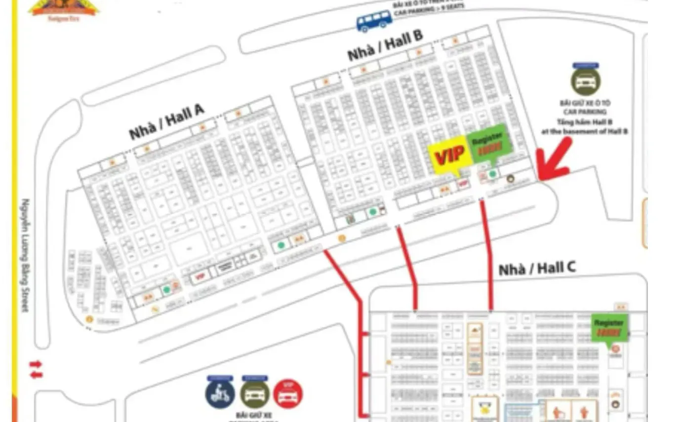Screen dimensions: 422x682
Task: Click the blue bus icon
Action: coord(374,21)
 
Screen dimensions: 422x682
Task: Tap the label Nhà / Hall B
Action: coord(385,45)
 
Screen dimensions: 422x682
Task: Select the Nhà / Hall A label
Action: coord(166,122)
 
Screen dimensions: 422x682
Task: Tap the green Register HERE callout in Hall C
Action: coord(609,327)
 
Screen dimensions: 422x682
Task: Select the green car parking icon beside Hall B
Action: coord(586,80)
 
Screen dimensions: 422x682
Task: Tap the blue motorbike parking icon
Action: coord(220,393)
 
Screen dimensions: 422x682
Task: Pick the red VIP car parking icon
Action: coord(288,394)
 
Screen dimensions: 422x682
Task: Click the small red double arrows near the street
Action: coord(36,370)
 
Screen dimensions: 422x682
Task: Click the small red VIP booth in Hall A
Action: coord(200,276)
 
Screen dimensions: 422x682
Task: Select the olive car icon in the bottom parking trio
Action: coord(254,393)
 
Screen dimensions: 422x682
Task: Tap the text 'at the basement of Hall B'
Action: coord(586,132)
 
